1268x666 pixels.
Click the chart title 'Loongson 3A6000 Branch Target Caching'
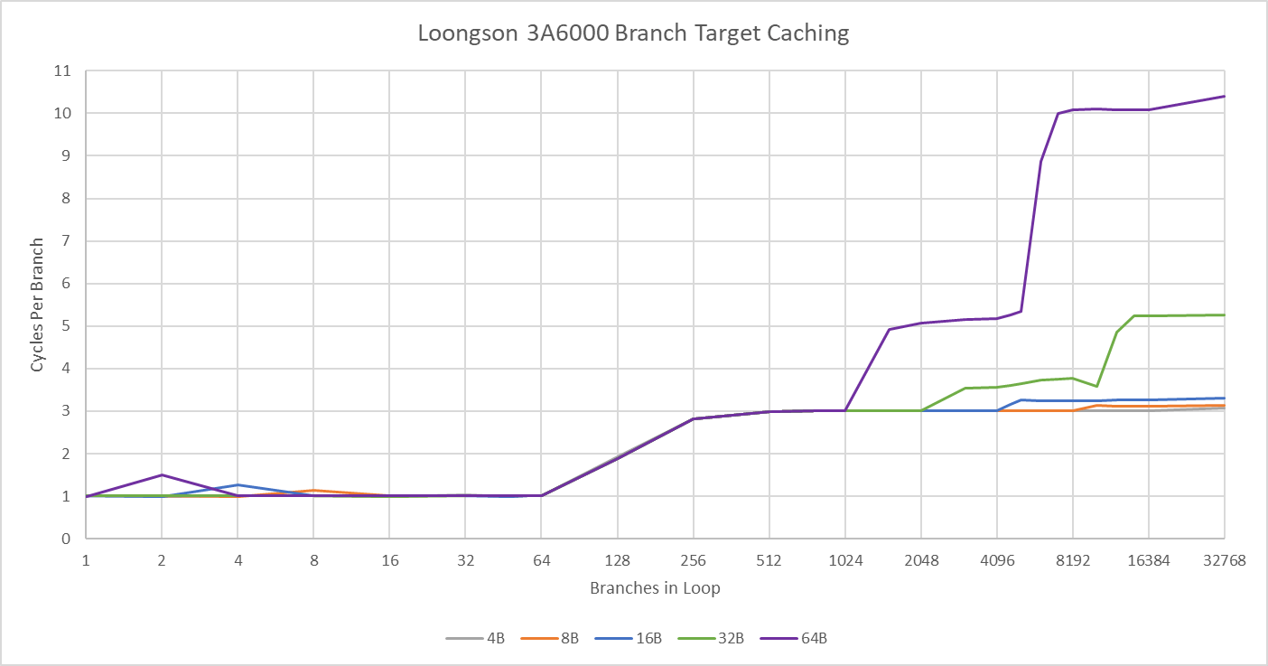pyautogui.click(x=633, y=33)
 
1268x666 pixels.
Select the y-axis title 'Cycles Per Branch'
pyautogui.click(x=37, y=305)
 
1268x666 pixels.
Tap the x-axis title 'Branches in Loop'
pyautogui.click(x=655, y=588)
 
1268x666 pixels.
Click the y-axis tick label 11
pyautogui.click(x=64, y=70)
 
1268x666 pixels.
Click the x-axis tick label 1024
pyautogui.click(x=845, y=560)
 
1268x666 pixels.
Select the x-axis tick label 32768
pyautogui.click(x=1224, y=560)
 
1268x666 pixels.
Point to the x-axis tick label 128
pyautogui.click(x=618, y=560)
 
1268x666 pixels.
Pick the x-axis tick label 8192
pyautogui.click(x=1073, y=560)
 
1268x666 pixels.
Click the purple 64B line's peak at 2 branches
pyautogui.click(x=162, y=474)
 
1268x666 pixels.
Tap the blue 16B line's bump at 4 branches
pyautogui.click(x=238, y=485)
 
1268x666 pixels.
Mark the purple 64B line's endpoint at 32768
pyautogui.click(x=1224, y=97)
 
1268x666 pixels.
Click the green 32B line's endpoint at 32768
pyautogui.click(x=1224, y=314)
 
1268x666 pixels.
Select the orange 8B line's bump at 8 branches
pyautogui.click(x=313, y=491)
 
